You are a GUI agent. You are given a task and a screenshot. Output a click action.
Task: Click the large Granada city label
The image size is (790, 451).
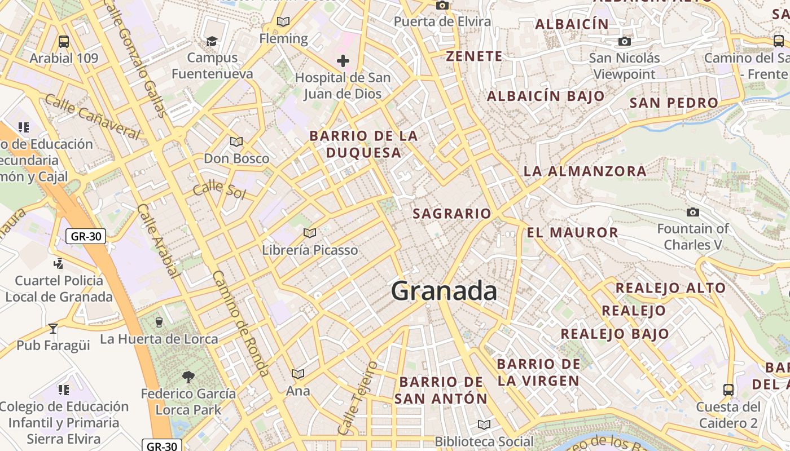click(x=444, y=291)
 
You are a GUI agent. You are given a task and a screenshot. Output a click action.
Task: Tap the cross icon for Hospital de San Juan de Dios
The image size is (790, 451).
click(x=343, y=60)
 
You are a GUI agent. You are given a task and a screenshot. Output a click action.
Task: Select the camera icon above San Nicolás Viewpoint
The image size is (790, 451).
click(x=624, y=41)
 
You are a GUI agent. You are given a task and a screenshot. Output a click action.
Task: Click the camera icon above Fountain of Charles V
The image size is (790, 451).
click(x=693, y=212)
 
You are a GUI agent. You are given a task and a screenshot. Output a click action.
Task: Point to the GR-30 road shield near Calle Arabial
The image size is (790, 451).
click(x=86, y=236)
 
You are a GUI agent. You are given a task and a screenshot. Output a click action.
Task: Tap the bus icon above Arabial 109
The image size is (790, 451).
click(x=64, y=41)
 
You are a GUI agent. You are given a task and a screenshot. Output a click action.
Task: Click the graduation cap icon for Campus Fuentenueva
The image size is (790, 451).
click(x=212, y=41)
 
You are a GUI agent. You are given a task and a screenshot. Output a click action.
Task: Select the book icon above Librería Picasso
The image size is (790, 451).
click(x=309, y=232)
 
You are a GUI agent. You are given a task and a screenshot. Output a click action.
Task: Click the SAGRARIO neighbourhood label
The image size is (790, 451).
click(x=452, y=214)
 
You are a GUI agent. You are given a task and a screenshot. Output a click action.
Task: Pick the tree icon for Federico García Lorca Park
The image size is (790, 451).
click(x=188, y=377)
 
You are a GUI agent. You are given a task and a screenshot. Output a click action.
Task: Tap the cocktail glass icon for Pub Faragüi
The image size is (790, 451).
click(x=53, y=328)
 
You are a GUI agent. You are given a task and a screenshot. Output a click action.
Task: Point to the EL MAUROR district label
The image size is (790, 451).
click(x=572, y=232)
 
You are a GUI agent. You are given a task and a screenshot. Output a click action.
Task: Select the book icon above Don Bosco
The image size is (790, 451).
click(x=236, y=142)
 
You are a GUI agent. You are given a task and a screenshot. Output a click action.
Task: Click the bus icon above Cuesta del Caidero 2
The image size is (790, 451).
click(x=728, y=390)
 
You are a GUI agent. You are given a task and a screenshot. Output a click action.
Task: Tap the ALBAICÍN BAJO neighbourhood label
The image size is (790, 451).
click(x=546, y=96)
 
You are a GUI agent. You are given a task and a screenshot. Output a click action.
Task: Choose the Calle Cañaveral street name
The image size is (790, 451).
click(x=91, y=117)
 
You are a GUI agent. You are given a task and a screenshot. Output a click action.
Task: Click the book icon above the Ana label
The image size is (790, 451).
click(x=297, y=374)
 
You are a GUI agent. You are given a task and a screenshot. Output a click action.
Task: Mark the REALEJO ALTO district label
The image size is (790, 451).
click(x=670, y=288)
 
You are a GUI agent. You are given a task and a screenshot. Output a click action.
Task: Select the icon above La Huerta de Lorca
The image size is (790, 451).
click(x=159, y=322)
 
